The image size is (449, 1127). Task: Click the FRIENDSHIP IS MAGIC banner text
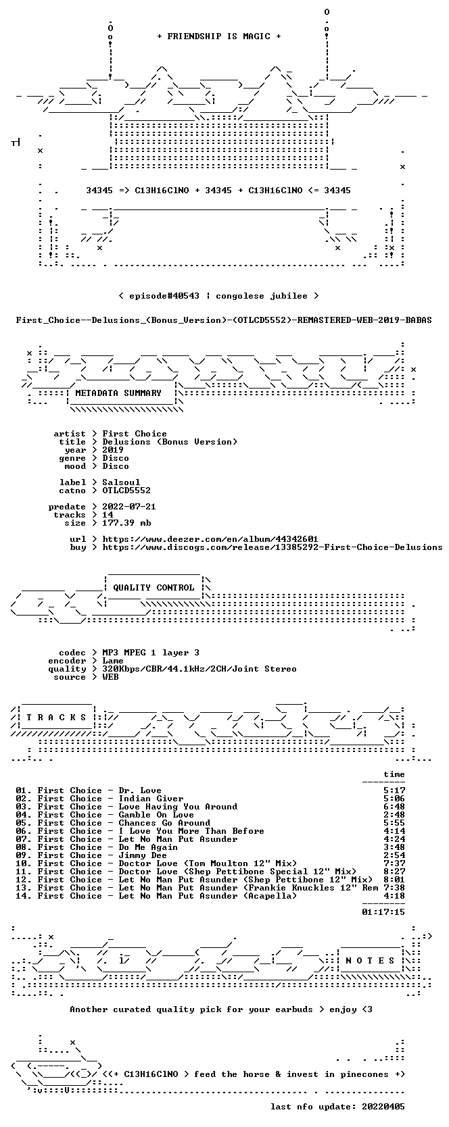pyautogui.click(x=219, y=36)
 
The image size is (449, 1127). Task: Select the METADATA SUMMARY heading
pyautogui.click(x=118, y=393)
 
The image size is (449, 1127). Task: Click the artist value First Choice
pyautogui.click(x=135, y=434)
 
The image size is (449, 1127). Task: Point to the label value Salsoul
pyautogui.click(x=121, y=482)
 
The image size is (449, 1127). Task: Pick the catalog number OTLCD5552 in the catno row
pyautogui.click(x=126, y=491)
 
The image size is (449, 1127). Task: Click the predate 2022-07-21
pyautogui.click(x=129, y=507)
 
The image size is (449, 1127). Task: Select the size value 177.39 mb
pyautogui.click(x=126, y=523)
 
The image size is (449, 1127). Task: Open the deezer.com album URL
pyautogui.click(x=210, y=539)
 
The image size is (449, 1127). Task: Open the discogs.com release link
pyautogui.click(x=273, y=547)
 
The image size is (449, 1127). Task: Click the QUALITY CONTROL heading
pyautogui.click(x=153, y=588)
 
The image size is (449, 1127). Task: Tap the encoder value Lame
pyautogui.click(x=113, y=661)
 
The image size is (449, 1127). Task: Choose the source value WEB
pyautogui.click(x=110, y=677)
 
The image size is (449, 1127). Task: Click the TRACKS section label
pyautogui.click(x=56, y=718)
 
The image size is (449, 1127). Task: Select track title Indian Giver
pyautogui.click(x=151, y=799)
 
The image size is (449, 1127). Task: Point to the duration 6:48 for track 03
pyautogui.click(x=394, y=807)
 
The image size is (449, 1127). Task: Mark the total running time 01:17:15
pyautogui.click(x=383, y=911)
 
